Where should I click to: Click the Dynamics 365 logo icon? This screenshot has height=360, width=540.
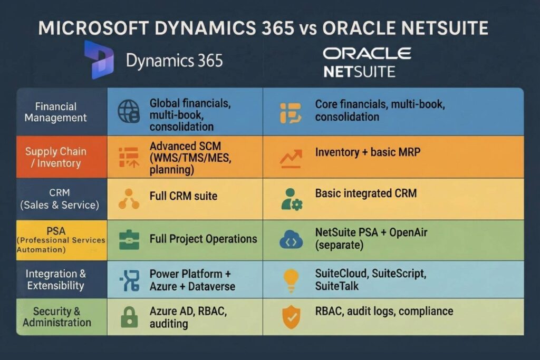click(99, 60)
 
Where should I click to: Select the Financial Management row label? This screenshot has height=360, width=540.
click(55, 112)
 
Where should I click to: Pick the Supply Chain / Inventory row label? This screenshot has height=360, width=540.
click(55, 157)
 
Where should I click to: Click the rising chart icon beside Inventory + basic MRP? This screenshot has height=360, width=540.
click(291, 157)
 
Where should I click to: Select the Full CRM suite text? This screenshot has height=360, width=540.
click(184, 196)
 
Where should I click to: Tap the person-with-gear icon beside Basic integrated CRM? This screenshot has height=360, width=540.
click(291, 198)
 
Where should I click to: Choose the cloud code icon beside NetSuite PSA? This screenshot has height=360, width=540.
click(291, 239)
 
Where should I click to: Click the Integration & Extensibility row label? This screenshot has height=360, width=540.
click(55, 279)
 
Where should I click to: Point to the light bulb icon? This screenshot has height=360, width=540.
click(291, 279)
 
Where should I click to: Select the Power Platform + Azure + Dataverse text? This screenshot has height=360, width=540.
click(192, 280)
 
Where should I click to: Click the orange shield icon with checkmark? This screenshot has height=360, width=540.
click(291, 315)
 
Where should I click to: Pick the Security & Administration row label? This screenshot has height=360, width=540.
click(56, 317)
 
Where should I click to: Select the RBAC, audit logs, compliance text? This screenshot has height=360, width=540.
click(384, 311)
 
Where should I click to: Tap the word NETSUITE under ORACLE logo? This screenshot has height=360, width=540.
click(359, 71)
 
